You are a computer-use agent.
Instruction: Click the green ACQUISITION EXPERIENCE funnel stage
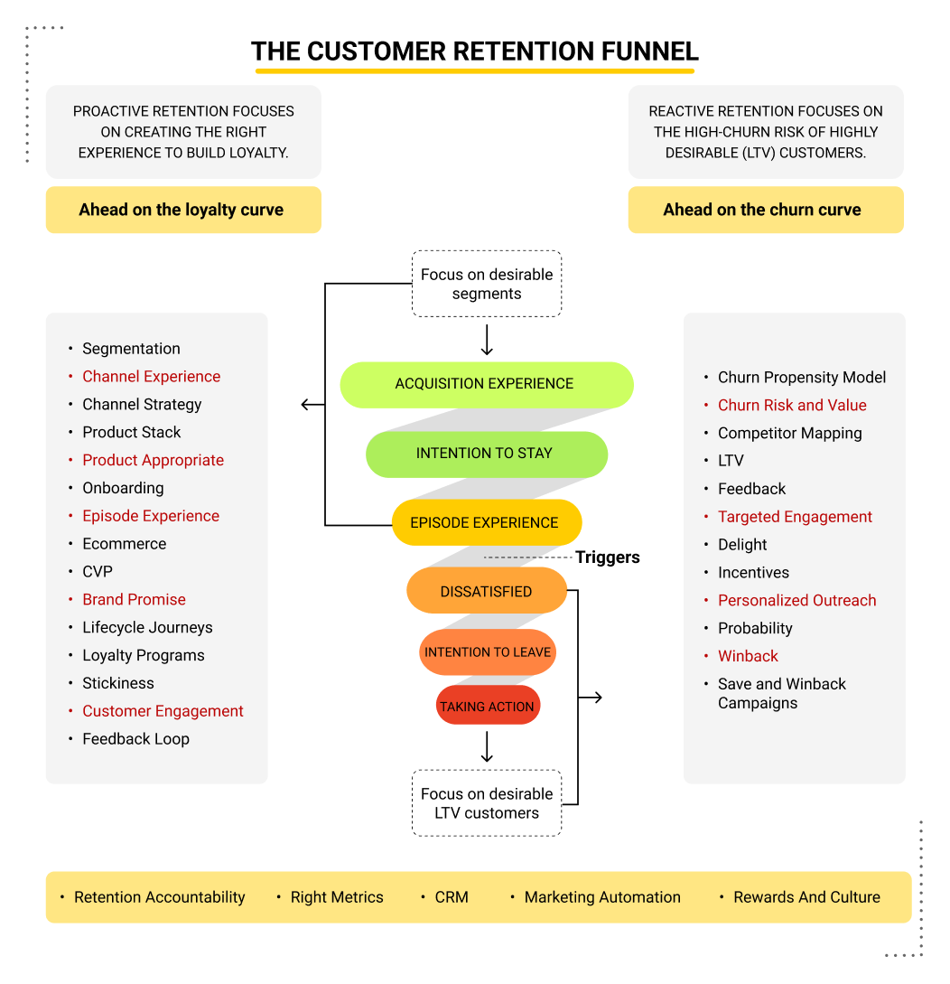tap(486, 384)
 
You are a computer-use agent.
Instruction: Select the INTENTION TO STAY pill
tap(486, 454)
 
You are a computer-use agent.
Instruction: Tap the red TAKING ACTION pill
tap(488, 707)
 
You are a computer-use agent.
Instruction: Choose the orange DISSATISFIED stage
tap(486, 592)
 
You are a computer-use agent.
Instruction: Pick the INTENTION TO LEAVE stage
tap(488, 651)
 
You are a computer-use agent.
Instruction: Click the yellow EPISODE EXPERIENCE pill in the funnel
tap(485, 522)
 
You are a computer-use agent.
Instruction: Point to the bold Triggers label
tap(608, 558)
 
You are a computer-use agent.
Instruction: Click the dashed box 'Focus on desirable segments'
tap(487, 284)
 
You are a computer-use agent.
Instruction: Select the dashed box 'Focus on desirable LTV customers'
tap(487, 803)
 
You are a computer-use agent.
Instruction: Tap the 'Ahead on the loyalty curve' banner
tap(182, 210)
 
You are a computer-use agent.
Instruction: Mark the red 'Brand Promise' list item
tap(134, 599)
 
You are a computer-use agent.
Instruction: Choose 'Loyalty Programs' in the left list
tap(144, 655)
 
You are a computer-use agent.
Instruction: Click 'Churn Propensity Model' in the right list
tap(802, 378)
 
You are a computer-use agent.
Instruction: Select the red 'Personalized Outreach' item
tap(796, 601)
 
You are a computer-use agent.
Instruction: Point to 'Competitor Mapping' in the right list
tap(789, 434)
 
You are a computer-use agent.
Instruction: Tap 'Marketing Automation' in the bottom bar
tap(602, 897)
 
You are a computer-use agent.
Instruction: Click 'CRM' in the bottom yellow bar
tap(452, 897)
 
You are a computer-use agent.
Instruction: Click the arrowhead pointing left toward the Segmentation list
tap(306, 405)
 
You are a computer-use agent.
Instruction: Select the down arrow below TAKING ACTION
tap(488, 748)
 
